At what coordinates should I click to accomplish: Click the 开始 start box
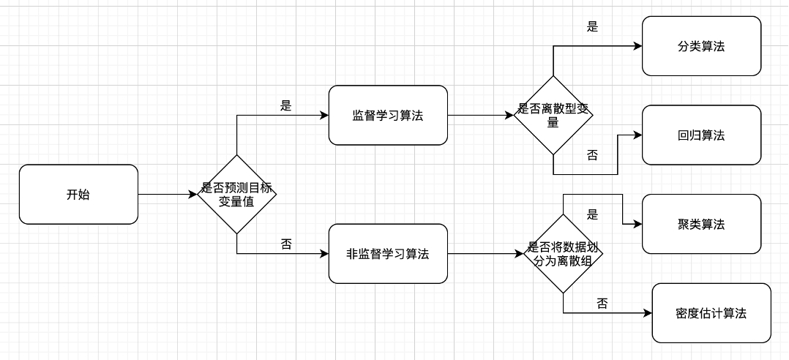coord(78,195)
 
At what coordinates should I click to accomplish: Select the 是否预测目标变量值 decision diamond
coord(236,195)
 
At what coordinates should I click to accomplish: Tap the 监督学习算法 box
coord(388,116)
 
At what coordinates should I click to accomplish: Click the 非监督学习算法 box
coord(388,254)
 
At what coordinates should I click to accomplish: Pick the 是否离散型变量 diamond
coord(553,116)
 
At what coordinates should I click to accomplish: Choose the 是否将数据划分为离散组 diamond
coord(563,254)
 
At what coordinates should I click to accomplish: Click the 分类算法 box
coord(701,46)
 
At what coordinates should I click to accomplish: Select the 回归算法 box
coord(701,135)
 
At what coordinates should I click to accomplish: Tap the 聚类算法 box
coord(701,224)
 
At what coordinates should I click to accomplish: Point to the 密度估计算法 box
coord(711,313)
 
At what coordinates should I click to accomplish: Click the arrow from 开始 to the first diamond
coord(168,195)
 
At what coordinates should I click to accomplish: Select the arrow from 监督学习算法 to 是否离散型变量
coord(480,116)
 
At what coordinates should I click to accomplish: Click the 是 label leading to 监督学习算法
coord(286,105)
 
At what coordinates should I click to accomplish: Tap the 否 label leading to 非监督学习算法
coord(286,244)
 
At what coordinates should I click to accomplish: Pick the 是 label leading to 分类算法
coord(593,27)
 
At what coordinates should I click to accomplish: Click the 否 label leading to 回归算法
coord(593,155)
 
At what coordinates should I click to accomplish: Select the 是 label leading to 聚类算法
coord(593,214)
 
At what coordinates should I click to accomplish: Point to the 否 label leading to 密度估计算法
coord(602,304)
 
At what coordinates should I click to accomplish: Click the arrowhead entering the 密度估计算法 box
coord(647,313)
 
